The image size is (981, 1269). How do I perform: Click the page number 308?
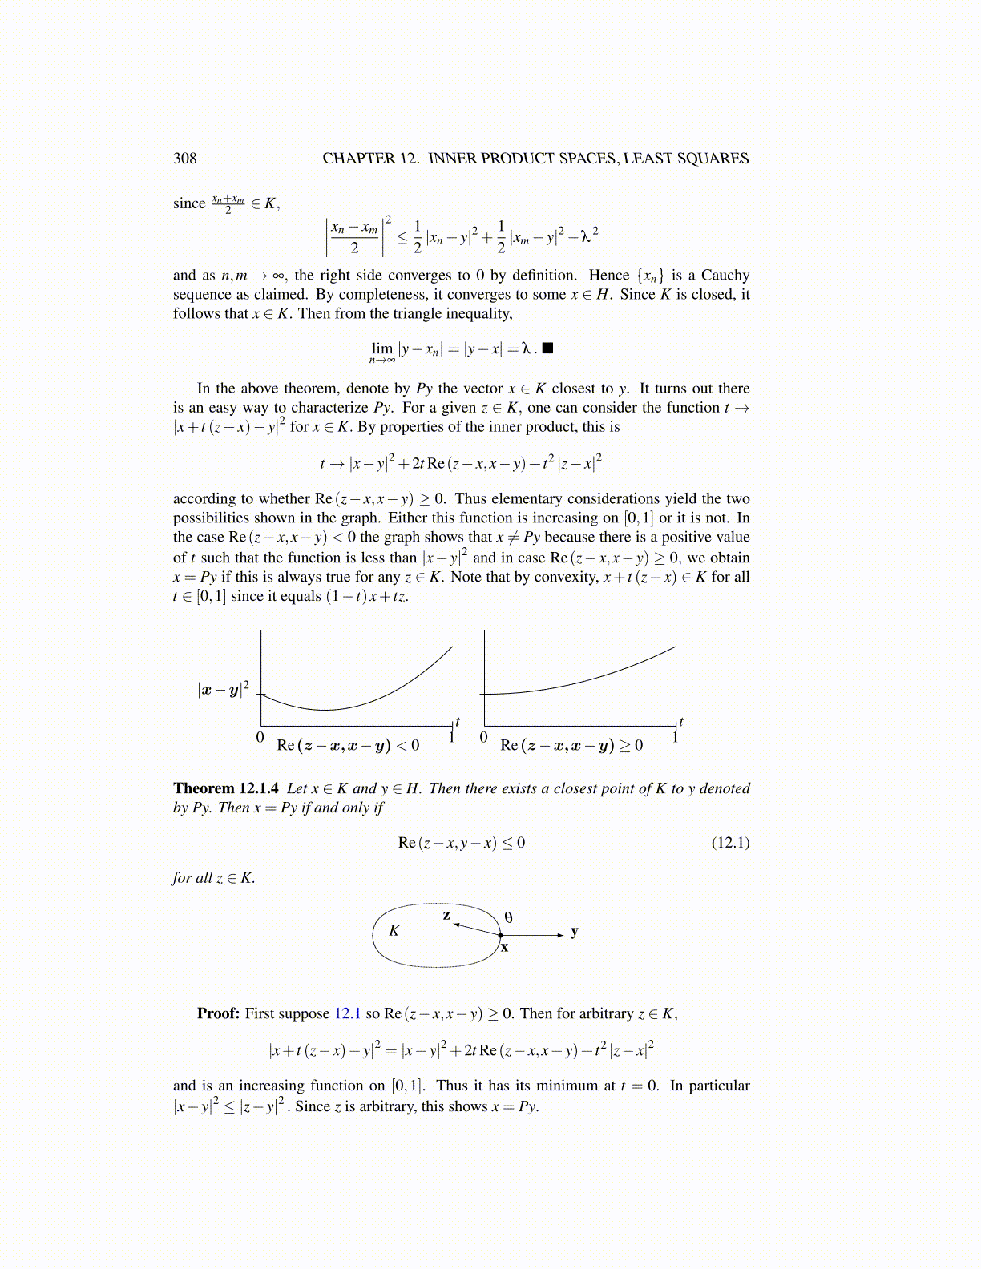point(184,158)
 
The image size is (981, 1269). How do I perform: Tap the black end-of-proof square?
point(548,348)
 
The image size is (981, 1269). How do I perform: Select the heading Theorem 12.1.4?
point(226,788)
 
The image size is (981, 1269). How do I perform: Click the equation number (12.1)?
point(730,842)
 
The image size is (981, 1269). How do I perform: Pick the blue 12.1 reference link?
point(347,1013)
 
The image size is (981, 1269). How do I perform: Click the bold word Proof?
point(218,1013)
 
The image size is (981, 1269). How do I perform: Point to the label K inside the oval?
point(394,930)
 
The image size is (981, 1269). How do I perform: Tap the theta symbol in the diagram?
point(508,917)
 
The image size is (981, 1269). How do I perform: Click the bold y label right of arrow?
point(574,931)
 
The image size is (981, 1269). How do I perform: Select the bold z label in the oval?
point(446,915)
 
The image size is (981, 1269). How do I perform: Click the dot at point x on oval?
point(500,935)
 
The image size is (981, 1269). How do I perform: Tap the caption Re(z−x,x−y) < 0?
point(348,745)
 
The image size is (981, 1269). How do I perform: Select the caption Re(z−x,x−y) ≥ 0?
point(571,745)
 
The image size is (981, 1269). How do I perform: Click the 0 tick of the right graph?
point(483,737)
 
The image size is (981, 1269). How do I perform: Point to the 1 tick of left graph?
point(452,737)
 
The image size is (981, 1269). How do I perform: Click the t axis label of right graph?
point(681,722)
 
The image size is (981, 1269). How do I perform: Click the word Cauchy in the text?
point(725,275)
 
